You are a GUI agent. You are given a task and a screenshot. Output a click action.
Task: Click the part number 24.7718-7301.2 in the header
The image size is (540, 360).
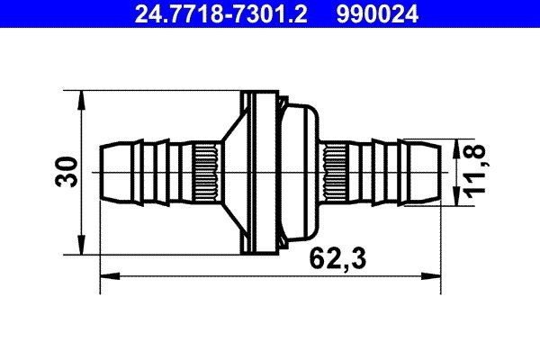click(x=220, y=13)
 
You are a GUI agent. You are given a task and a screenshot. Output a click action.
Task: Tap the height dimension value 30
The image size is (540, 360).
click(x=65, y=171)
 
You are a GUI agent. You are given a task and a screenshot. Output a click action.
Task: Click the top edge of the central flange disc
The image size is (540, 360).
click(x=261, y=93)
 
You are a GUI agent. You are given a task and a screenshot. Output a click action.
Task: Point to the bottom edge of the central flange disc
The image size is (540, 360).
click(x=261, y=250)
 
